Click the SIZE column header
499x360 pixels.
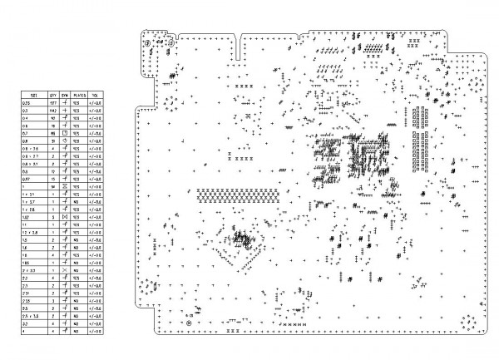34,96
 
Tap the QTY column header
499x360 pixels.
52,96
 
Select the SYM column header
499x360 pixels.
65,96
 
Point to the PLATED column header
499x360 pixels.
81,96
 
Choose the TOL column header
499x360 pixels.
99,96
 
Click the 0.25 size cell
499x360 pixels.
26,102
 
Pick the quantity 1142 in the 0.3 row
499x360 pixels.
52,110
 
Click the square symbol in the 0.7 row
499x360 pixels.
65,133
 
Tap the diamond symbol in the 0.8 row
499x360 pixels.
65,141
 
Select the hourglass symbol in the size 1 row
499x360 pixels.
65,186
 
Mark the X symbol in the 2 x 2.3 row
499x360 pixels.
65,270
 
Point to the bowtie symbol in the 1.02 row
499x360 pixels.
65,217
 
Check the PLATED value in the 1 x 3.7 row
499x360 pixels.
81,201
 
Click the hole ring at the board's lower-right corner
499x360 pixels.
468,319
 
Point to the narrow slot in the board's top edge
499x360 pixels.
239,47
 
